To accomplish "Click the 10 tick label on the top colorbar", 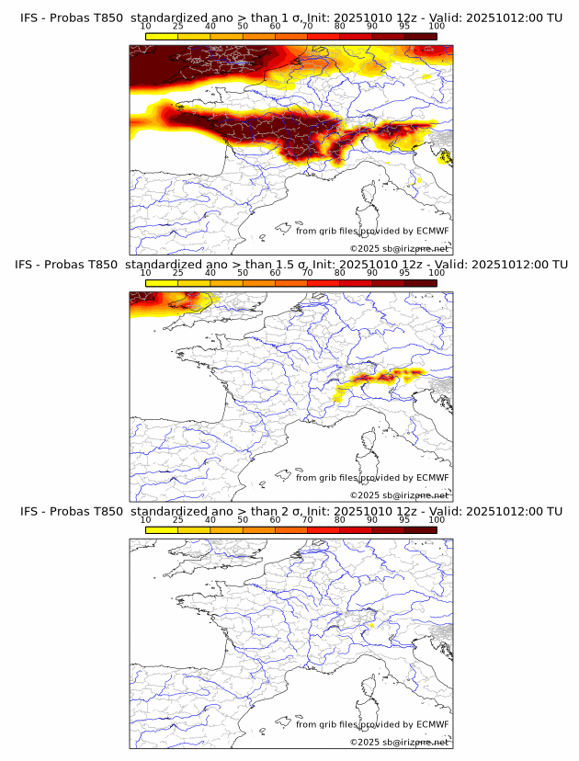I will click(146, 27).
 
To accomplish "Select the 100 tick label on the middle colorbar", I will click(436, 273).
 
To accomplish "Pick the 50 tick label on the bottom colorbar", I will click(243, 520).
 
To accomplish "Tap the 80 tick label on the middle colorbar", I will click(340, 273).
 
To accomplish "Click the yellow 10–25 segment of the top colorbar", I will click(162, 36).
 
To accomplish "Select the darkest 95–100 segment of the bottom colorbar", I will click(420, 529).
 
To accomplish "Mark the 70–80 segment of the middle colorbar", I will click(324, 283).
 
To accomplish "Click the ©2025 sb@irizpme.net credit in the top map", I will click(399, 249).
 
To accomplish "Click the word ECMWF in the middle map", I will click(432, 478).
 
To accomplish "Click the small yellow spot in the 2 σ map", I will click(371, 626).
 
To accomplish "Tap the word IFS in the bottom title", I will click(30, 511).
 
